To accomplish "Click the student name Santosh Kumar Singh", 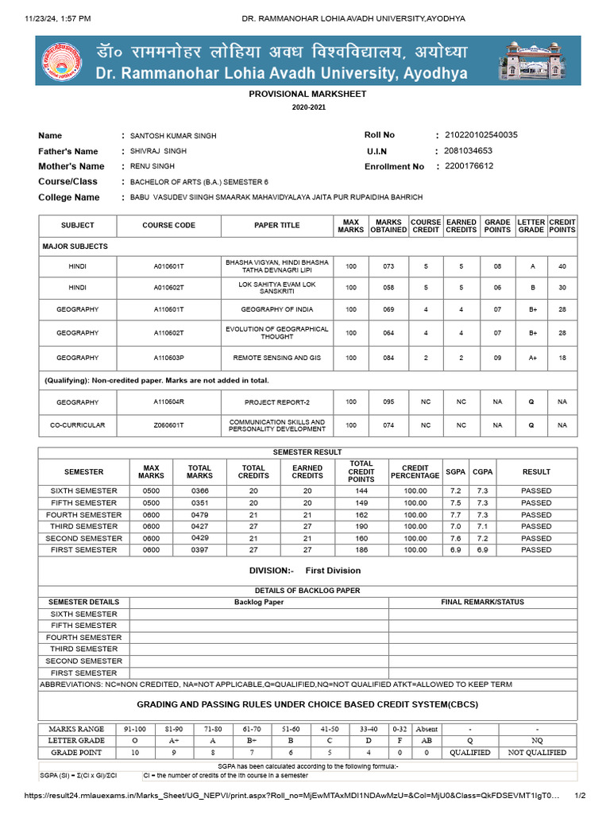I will (173, 136).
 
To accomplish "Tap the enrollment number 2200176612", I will (469, 166).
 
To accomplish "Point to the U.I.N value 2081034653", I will (469, 151).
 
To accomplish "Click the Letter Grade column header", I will (531, 226).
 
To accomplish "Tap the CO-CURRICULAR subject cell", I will (77, 425).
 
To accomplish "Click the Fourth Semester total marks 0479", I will (199, 514).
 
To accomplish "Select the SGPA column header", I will (456, 471).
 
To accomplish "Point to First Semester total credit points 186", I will (361, 550).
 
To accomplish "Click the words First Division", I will (333, 571).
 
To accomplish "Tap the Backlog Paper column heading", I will (259, 602).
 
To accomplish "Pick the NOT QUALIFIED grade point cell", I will (537, 752).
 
